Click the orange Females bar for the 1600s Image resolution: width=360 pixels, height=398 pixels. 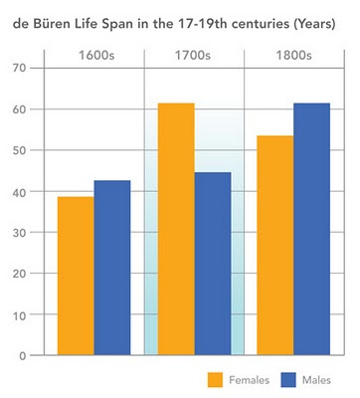click(x=76, y=276)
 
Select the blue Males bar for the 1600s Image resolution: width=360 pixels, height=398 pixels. click(x=112, y=268)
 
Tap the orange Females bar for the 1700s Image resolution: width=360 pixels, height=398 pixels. click(x=176, y=229)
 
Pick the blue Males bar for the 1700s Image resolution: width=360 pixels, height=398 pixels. click(x=213, y=264)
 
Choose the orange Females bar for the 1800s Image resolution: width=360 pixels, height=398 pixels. click(x=275, y=246)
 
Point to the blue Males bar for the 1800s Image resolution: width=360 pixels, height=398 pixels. click(x=312, y=229)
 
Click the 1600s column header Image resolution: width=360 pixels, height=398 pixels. click(x=96, y=56)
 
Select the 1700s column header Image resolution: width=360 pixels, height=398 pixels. click(x=193, y=56)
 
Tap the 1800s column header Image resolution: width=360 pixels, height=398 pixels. click(x=294, y=56)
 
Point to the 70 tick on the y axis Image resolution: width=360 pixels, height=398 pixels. click(x=19, y=69)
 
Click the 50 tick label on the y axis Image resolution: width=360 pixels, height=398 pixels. click(x=19, y=150)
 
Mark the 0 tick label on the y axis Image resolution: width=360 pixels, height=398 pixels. click(x=23, y=356)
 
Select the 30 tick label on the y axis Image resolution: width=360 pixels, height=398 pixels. click(x=19, y=233)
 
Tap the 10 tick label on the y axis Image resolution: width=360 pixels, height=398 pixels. click(x=19, y=314)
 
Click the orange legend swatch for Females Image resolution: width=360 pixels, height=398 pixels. click(x=215, y=380)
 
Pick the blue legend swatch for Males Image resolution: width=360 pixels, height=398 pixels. click(x=288, y=380)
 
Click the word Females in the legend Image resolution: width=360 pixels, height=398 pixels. click(x=250, y=380)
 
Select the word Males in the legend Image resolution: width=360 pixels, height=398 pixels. click(x=316, y=380)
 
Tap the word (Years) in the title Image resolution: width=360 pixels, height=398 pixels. click(x=315, y=25)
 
